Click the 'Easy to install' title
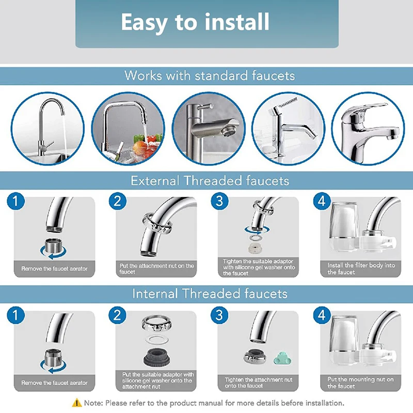click(x=195, y=23)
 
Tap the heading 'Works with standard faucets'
click(x=210, y=76)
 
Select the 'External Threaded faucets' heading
click(x=210, y=181)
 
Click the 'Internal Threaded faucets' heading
click(x=210, y=294)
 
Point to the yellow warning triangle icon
click(x=76, y=403)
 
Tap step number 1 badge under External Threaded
click(x=15, y=201)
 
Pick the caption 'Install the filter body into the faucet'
click(x=361, y=268)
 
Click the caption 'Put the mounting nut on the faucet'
click(x=360, y=383)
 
